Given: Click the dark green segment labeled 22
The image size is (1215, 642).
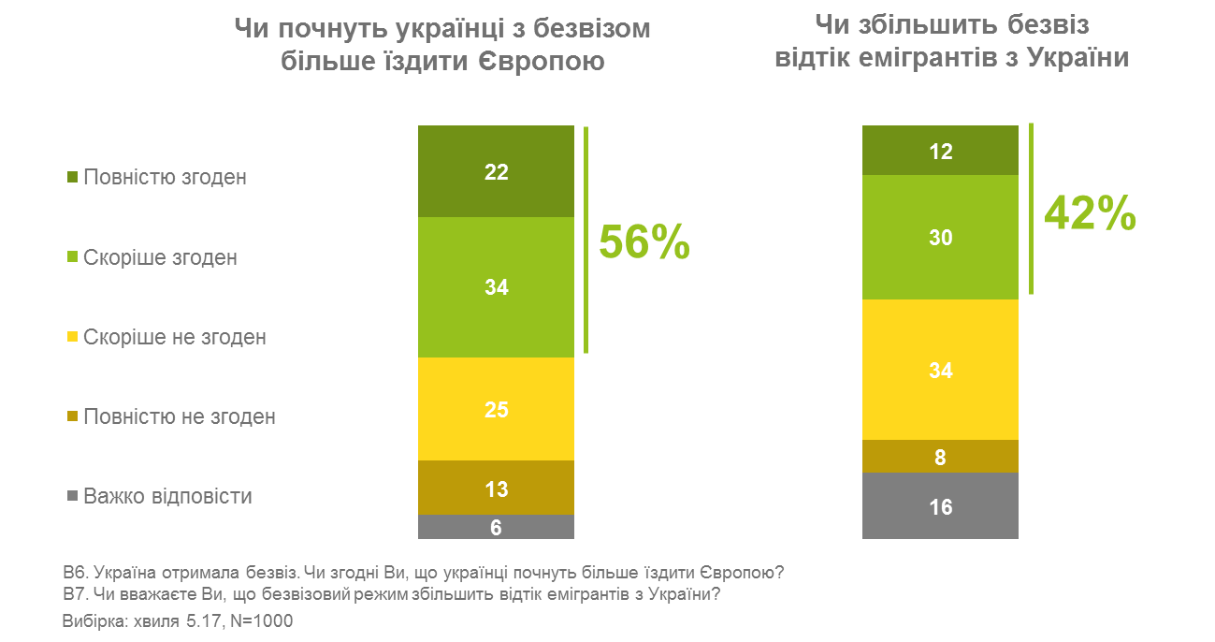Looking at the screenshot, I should pos(496,171).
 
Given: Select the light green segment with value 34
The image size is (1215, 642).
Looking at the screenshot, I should pos(496,287).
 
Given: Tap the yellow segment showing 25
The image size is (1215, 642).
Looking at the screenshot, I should pos(496,409).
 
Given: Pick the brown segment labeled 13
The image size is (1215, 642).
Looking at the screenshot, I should pos(496,488).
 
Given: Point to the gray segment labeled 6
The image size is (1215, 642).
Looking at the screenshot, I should pos(496,528).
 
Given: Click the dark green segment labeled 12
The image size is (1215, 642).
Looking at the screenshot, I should pos(940,151).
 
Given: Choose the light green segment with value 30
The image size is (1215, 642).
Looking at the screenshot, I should pos(940,238).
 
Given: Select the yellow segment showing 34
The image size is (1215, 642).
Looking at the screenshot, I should pos(940,370).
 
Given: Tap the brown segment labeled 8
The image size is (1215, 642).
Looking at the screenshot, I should pos(940,457).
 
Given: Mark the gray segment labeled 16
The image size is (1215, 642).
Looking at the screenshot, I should pos(940,506).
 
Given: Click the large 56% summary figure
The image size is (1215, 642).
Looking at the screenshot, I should pos(644,242).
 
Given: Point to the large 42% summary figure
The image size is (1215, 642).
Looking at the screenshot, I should pos(1090,213).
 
